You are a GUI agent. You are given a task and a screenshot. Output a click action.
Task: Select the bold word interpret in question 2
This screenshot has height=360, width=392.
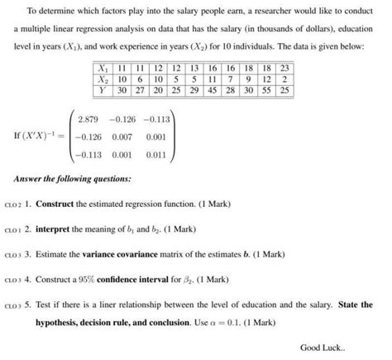(57, 227)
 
